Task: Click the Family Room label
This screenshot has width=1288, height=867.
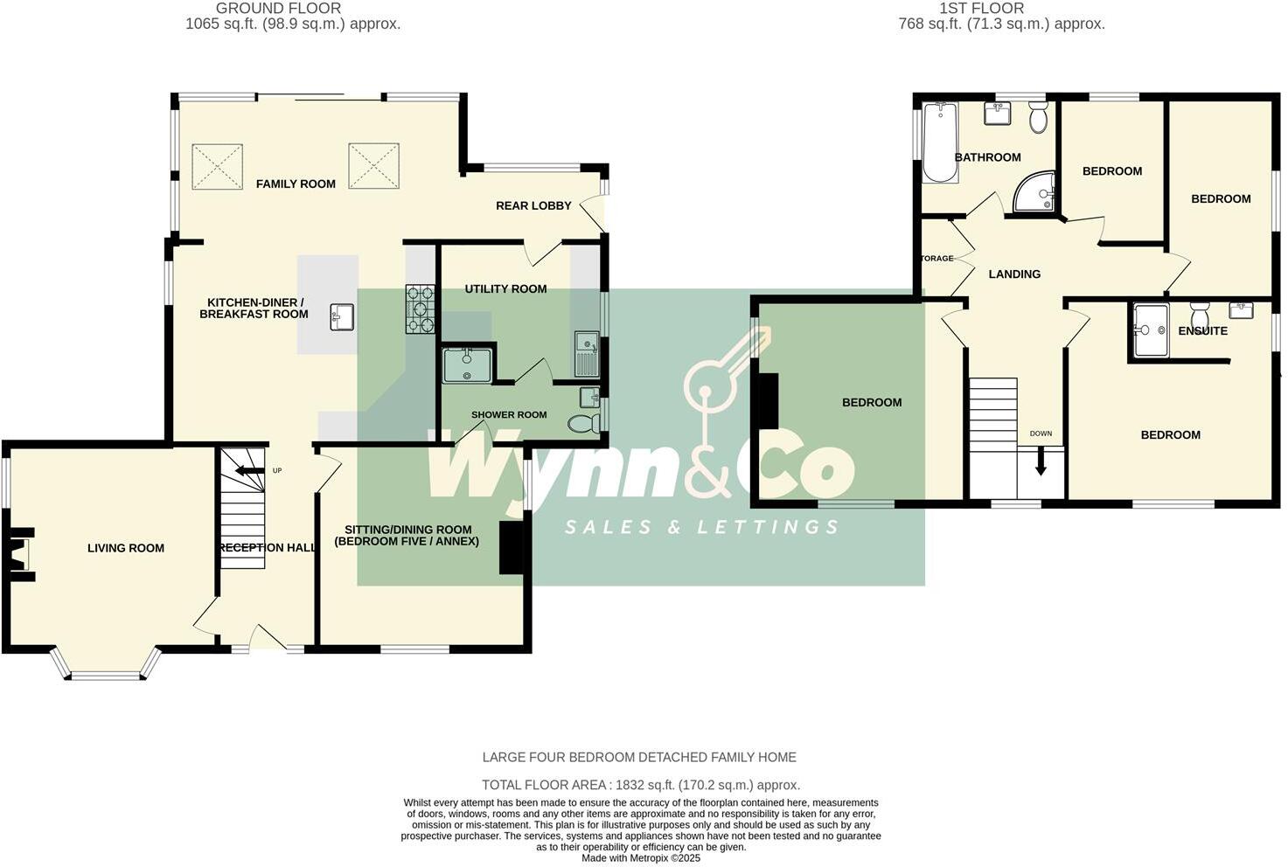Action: coord(296,184)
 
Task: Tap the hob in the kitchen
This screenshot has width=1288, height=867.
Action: coord(420,309)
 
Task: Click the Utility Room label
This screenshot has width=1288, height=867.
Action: coord(505,288)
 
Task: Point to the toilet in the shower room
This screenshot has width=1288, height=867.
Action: coord(582,424)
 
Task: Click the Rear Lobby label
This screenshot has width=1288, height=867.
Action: coord(533,205)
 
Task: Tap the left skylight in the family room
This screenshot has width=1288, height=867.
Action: coord(217,166)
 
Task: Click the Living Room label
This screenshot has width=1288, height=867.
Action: coord(126,548)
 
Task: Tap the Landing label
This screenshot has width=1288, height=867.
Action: coord(1014,274)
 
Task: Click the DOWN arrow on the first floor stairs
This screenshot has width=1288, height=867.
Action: coord(1041,461)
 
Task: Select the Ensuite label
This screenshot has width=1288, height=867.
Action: coord(1202,330)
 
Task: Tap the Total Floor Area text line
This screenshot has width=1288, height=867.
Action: coord(641,785)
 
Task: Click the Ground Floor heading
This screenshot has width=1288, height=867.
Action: coord(278,9)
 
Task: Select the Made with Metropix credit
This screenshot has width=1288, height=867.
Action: coord(641,858)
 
